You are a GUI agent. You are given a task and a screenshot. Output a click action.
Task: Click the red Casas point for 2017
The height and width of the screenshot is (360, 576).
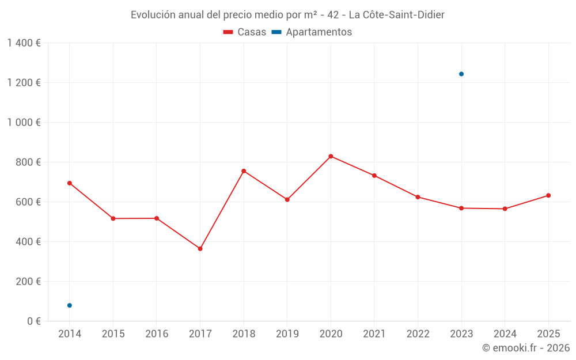(x=200, y=249)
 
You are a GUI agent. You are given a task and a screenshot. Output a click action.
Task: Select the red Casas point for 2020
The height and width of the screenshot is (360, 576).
(x=331, y=156)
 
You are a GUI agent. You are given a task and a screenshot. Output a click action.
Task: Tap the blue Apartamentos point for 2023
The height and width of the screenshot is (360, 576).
(x=461, y=74)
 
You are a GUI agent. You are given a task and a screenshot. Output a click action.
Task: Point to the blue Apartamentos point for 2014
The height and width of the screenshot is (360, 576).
(x=70, y=305)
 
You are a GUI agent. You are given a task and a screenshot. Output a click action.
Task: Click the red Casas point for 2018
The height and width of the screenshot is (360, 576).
(x=244, y=171)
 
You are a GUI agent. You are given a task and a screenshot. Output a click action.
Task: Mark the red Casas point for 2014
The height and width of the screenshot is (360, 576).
(x=70, y=183)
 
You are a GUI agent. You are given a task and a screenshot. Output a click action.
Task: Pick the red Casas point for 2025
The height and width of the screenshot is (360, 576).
(x=548, y=195)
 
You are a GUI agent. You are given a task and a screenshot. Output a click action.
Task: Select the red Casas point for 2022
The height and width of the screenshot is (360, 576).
(x=418, y=197)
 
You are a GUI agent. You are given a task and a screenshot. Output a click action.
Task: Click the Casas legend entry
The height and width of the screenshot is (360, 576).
(x=245, y=32)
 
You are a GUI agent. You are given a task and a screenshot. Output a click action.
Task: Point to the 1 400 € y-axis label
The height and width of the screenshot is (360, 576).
(x=24, y=43)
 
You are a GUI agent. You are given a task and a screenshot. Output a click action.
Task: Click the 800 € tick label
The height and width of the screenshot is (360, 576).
(x=28, y=162)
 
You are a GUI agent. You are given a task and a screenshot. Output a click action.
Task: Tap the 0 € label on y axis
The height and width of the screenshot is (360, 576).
(x=32, y=321)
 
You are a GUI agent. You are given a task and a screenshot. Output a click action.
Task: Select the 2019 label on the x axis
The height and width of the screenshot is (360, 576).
(x=287, y=334)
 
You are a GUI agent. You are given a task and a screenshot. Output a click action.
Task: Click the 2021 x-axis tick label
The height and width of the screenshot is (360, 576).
(x=374, y=334)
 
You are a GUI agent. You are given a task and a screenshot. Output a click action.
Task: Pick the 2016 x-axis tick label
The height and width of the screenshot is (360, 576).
(x=157, y=334)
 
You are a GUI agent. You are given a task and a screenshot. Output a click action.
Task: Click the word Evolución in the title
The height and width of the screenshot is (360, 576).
(x=153, y=15)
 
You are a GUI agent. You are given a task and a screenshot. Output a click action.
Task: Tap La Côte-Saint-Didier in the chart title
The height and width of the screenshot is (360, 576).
(x=396, y=15)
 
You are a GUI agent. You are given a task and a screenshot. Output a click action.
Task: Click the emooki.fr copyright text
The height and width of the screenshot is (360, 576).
(x=525, y=348)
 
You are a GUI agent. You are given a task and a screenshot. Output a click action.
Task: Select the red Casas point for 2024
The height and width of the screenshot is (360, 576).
(x=505, y=209)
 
